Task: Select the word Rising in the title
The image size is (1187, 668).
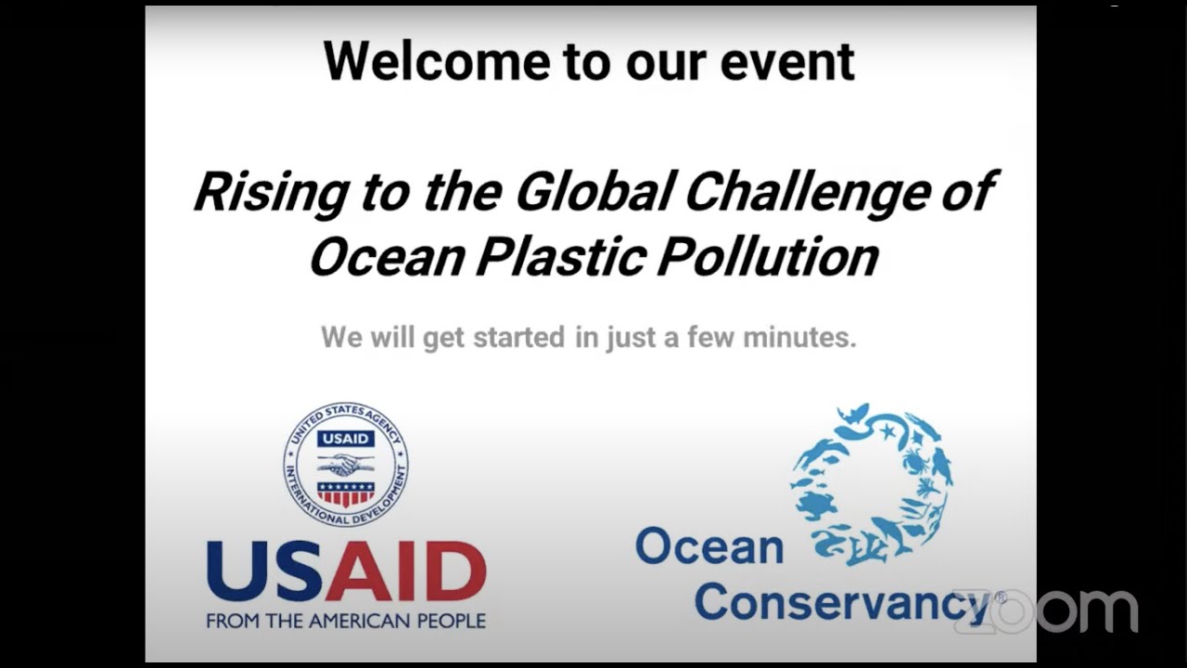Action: point(269,191)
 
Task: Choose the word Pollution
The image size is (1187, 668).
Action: point(767,256)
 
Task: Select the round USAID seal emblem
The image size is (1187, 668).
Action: point(345,464)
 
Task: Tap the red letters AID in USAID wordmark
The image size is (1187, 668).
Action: point(405,572)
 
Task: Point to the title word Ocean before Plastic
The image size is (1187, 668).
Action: point(385,256)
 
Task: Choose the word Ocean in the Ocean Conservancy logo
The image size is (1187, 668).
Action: point(709,546)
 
